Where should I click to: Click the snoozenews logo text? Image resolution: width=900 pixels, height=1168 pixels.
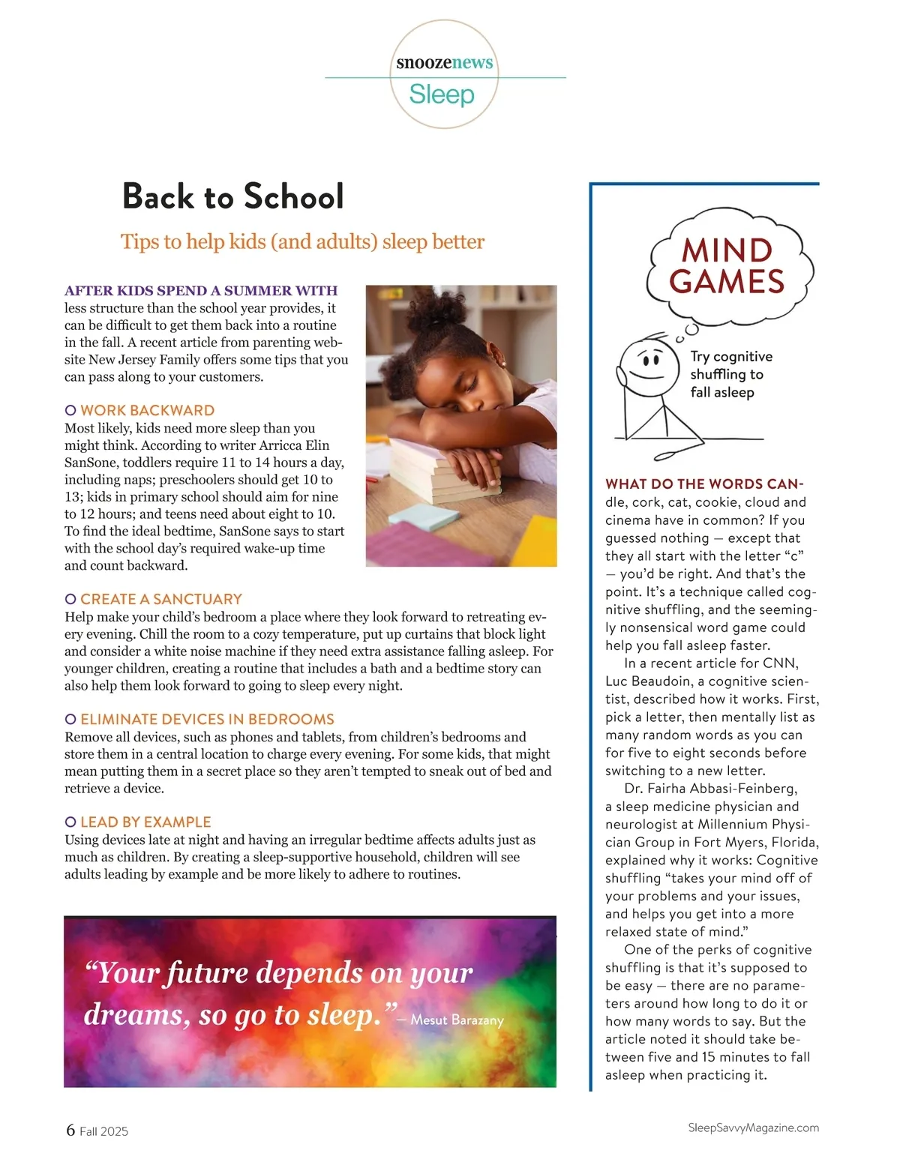[x=445, y=62]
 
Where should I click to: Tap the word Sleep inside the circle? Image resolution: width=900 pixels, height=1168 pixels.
[x=442, y=94]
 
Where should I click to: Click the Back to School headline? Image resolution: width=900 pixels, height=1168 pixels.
[x=233, y=196]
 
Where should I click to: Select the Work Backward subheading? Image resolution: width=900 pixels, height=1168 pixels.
[x=147, y=410]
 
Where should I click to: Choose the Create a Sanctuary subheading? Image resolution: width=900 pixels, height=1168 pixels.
[x=160, y=599]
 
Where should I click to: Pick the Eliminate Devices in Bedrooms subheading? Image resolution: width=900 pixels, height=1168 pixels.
[x=207, y=719]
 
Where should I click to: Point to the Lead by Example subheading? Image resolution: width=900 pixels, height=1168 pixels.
[x=145, y=822]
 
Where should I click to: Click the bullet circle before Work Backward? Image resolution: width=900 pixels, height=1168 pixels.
[x=70, y=410]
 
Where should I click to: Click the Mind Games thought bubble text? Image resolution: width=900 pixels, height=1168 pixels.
[x=727, y=266]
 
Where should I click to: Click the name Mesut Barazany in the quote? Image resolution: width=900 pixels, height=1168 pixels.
[x=457, y=1020]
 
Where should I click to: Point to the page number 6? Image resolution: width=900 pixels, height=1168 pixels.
[x=70, y=1130]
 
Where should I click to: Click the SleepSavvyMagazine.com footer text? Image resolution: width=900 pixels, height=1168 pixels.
[x=753, y=1128]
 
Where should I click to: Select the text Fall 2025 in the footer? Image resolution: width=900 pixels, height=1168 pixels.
[x=103, y=1131]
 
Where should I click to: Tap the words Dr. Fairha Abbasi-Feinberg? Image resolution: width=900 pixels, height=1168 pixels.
[x=710, y=789]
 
